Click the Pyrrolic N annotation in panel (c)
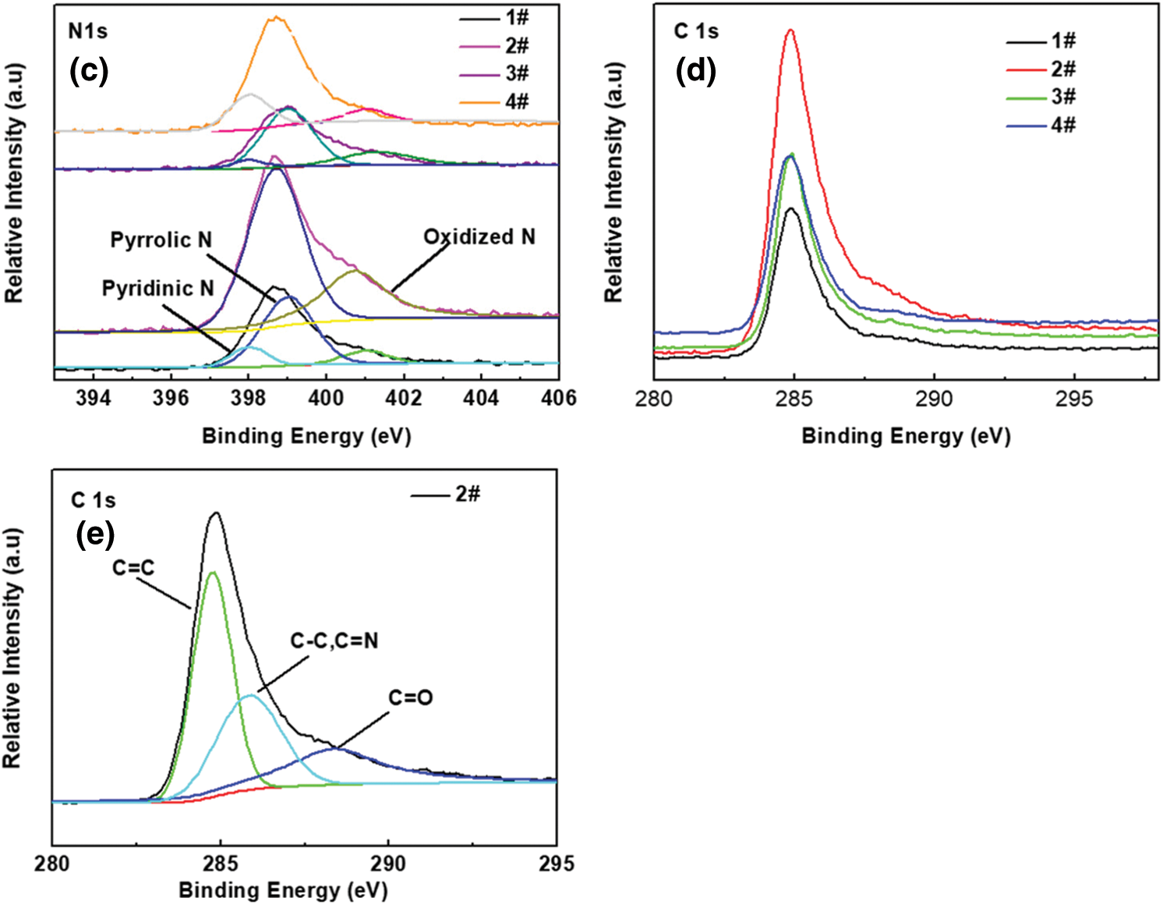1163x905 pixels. click(x=161, y=240)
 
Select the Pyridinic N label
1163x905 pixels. click(x=157, y=289)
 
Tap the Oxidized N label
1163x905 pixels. click(x=479, y=236)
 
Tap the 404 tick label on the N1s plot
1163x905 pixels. click(x=481, y=398)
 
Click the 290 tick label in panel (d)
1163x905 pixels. click(x=934, y=399)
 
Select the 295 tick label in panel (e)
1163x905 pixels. click(x=557, y=864)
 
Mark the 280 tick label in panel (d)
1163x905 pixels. click(x=654, y=399)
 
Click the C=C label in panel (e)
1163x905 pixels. click(x=133, y=568)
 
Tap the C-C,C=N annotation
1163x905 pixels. click(x=334, y=641)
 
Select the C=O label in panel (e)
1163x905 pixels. click(x=411, y=697)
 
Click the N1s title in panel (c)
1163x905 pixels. click(x=88, y=31)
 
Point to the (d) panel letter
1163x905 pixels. click(x=695, y=71)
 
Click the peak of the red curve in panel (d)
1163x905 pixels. click(x=791, y=30)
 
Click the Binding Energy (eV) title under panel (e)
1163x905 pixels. click(x=283, y=890)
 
